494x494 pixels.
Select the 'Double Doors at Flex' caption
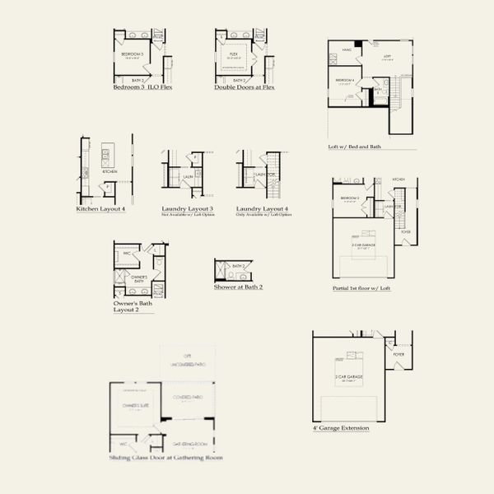245,86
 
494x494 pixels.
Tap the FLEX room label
234,55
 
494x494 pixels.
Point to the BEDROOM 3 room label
133,55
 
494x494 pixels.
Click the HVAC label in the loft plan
346,50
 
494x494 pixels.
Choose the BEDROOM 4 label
345,80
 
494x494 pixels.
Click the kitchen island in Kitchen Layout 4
107,153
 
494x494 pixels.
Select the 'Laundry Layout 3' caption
188,208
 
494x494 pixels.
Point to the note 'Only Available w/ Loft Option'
263,214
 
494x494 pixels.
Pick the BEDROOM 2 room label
350,198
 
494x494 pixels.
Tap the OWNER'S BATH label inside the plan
139,278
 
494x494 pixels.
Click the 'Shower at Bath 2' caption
239,287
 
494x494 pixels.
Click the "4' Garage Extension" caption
341,428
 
